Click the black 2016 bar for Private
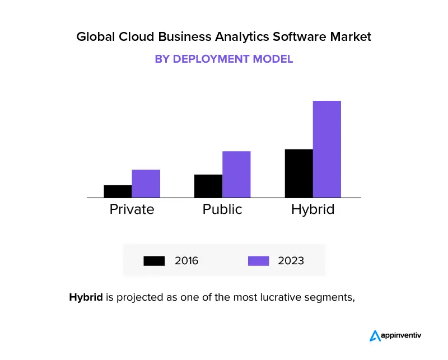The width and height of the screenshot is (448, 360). [118, 191]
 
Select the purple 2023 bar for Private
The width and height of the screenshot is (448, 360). [146, 183]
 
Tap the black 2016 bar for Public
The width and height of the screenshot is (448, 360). [208, 186]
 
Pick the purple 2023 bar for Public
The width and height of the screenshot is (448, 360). [236, 174]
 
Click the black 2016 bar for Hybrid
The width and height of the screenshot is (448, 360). [298, 173]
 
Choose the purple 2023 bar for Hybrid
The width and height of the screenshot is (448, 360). [327, 149]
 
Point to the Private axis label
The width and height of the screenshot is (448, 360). [132, 209]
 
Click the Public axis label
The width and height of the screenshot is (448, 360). [222, 209]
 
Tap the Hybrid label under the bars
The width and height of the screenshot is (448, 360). [312, 210]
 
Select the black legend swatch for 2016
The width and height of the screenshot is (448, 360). [154, 261]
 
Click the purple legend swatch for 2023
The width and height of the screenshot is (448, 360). [258, 261]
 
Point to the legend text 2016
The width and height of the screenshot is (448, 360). [186, 261]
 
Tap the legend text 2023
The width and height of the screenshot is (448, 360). [291, 261]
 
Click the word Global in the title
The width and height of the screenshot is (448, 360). [92, 37]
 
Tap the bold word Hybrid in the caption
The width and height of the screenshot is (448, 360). [86, 297]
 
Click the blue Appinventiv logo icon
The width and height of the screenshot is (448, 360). [375, 335]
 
